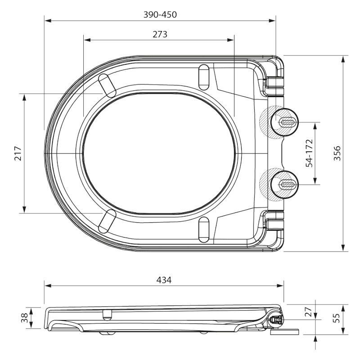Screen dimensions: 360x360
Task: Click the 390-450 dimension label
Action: [x=160, y=15]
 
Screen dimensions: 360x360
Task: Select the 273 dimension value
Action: [x=160, y=35]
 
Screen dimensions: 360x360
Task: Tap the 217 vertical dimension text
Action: [x=18, y=153]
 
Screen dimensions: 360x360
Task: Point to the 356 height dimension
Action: [x=337, y=153]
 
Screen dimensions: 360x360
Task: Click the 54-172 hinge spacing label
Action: [x=309, y=153]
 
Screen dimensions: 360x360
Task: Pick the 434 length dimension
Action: [x=164, y=280]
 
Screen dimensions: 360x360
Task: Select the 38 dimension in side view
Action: [x=25, y=318]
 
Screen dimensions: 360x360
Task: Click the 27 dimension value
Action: [x=309, y=312]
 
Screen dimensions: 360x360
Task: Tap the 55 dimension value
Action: [x=337, y=318]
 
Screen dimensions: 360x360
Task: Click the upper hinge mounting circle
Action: [x=284, y=122]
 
